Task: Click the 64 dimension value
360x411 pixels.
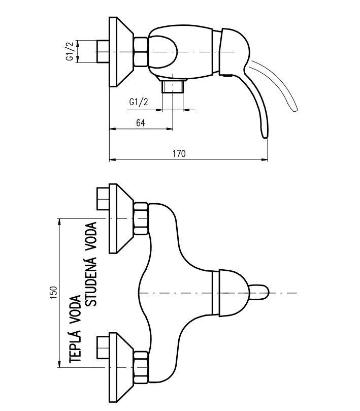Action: click(x=141, y=122)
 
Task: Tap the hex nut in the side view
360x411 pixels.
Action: click(x=141, y=51)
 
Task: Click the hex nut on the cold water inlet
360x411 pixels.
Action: click(x=141, y=218)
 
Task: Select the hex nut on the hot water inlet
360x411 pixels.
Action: click(x=141, y=366)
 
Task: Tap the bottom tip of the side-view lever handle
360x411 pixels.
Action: click(x=263, y=135)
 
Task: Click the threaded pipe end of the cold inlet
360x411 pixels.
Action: click(x=103, y=199)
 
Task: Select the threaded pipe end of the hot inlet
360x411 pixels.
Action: click(x=103, y=347)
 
